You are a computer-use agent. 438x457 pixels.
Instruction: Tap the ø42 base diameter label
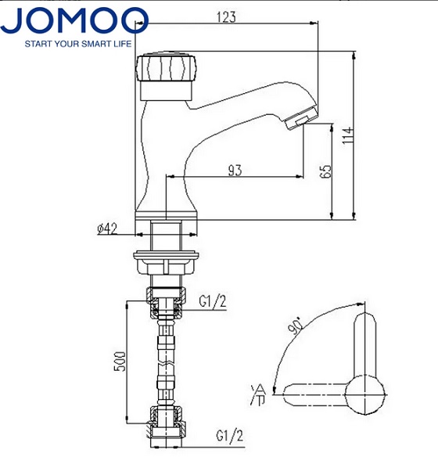click(106, 228)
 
